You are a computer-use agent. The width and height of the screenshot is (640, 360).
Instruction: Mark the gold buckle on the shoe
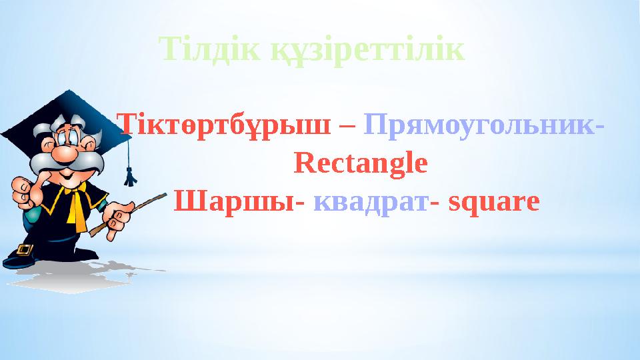[x=25, y=251]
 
